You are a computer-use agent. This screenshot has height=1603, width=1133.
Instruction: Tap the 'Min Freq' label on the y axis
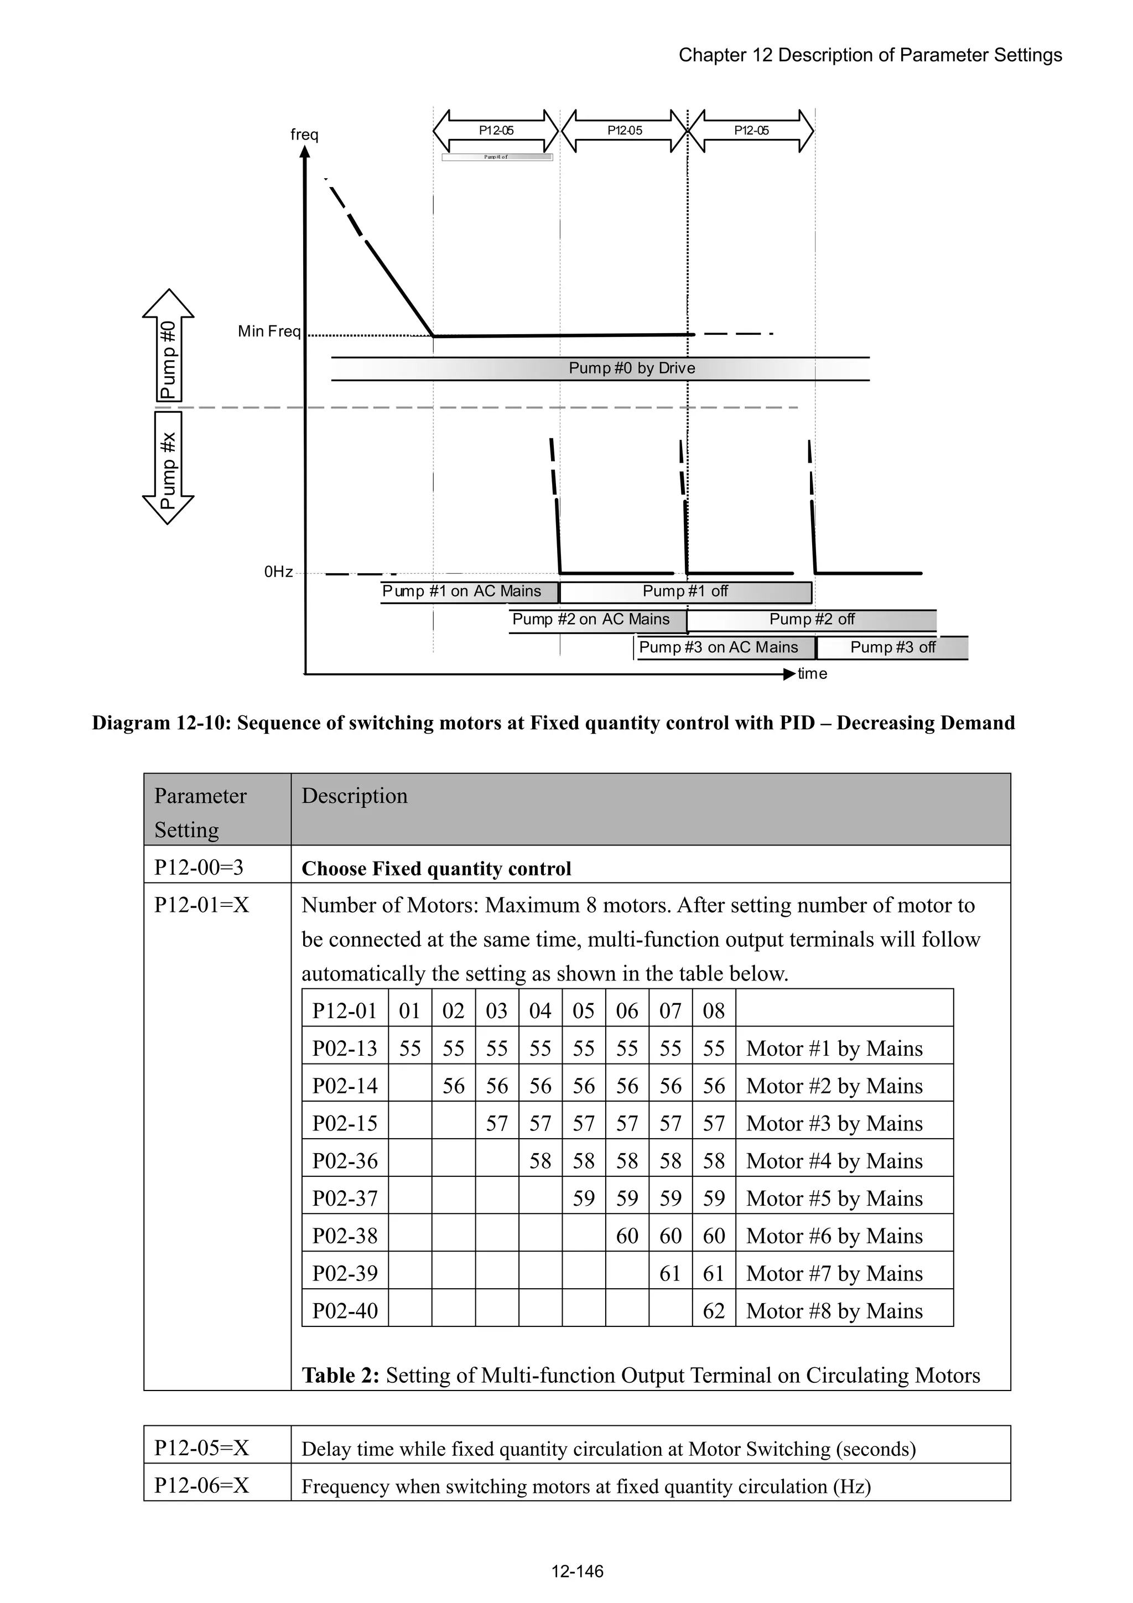tap(269, 331)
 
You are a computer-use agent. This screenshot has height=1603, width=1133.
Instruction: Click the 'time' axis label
tap(812, 674)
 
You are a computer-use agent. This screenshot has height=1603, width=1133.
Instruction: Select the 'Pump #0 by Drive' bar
tap(632, 368)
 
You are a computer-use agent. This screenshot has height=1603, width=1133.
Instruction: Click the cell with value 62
tap(714, 1310)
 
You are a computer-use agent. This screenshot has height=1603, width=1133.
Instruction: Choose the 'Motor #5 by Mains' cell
tap(834, 1198)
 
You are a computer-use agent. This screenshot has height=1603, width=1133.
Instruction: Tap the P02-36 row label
tap(345, 1160)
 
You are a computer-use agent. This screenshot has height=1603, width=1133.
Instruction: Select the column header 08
tap(714, 1011)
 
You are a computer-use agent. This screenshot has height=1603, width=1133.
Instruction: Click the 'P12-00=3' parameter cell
tap(199, 867)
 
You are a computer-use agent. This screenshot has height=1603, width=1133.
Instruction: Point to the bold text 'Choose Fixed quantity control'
tap(436, 869)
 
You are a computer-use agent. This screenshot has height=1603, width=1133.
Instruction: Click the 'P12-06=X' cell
tap(202, 1485)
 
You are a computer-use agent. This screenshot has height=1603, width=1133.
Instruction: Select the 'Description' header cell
tap(355, 796)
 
